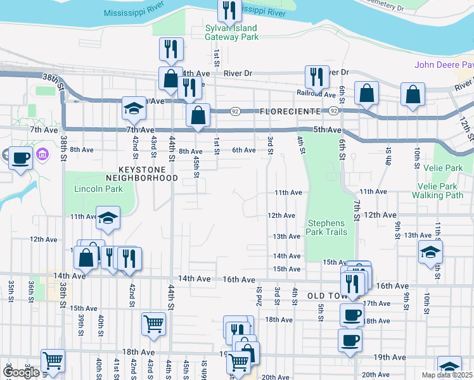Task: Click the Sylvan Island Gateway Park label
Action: click(231, 32)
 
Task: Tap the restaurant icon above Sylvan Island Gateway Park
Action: click(227, 10)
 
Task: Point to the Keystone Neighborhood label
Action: click(147, 174)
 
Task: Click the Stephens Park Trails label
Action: click(327, 227)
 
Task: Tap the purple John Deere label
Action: click(444, 65)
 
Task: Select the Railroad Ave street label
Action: click(316, 94)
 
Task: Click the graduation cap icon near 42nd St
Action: click(134, 108)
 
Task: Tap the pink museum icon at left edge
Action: click(42, 154)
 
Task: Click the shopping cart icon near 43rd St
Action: click(154, 324)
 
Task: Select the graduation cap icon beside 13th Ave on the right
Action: click(430, 251)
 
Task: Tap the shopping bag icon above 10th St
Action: click(413, 95)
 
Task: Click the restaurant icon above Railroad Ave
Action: click(315, 76)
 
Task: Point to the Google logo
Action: click(21, 372)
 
